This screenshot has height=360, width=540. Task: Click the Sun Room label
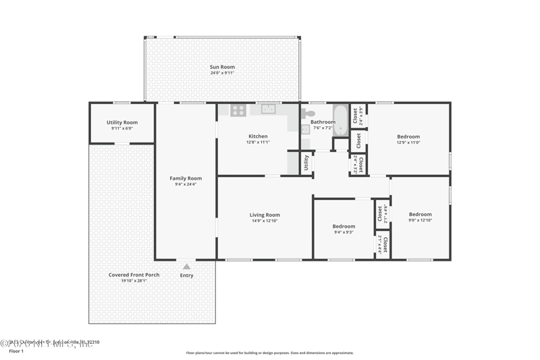click(x=222, y=67)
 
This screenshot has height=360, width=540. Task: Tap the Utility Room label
click(x=122, y=122)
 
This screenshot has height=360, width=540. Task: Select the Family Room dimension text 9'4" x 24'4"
click(x=186, y=185)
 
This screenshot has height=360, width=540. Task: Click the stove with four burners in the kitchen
click(x=238, y=109)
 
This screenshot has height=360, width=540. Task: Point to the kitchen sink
click(x=269, y=109)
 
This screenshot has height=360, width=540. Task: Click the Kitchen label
click(x=258, y=136)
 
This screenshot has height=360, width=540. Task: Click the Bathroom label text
click(x=323, y=122)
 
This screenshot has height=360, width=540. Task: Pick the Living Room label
click(x=265, y=215)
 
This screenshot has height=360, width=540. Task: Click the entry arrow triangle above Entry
click(x=186, y=267)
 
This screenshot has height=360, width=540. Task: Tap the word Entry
click(x=186, y=276)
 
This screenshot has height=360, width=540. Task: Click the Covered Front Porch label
click(x=134, y=275)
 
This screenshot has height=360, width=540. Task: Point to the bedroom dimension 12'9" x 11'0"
click(x=408, y=143)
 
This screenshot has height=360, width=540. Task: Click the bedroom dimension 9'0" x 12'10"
click(x=420, y=220)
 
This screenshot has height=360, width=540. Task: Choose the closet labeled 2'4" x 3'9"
click(x=358, y=116)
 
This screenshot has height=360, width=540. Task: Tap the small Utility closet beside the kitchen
click(x=306, y=163)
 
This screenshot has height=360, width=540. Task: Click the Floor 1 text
click(x=16, y=351)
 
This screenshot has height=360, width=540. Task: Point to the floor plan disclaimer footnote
click(x=270, y=353)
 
